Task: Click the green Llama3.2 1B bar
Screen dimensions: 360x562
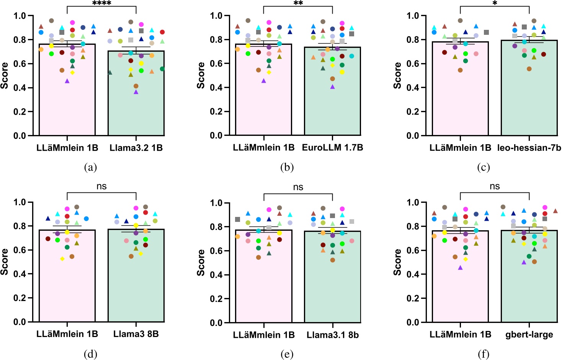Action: tap(136, 111)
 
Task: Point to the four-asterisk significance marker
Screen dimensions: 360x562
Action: tap(102, 3)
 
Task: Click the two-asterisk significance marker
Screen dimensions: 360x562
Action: tap(298, 3)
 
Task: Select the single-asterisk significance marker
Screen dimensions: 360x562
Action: tap(495, 3)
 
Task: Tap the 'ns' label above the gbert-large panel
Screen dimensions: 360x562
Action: tap(495, 186)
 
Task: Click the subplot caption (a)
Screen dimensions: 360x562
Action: tap(90, 167)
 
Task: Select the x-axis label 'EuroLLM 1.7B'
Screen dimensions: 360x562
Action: tap(332, 148)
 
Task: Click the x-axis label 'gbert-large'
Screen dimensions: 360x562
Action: tap(529, 335)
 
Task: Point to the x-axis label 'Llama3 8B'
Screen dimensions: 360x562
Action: tap(136, 334)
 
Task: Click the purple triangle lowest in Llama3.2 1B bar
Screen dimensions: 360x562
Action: tap(136, 92)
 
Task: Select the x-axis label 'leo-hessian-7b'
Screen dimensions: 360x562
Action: tap(529, 148)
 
